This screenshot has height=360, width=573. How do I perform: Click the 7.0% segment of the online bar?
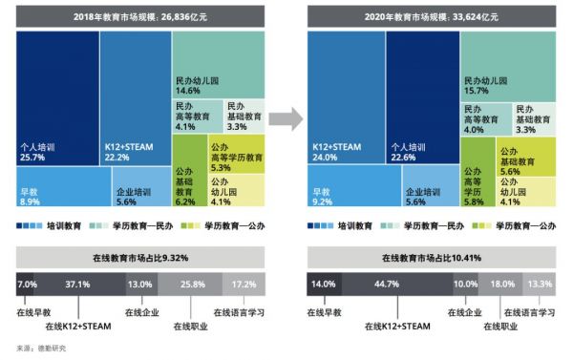pos(27,285)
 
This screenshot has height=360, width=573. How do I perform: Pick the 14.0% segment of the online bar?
pos(324,285)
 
